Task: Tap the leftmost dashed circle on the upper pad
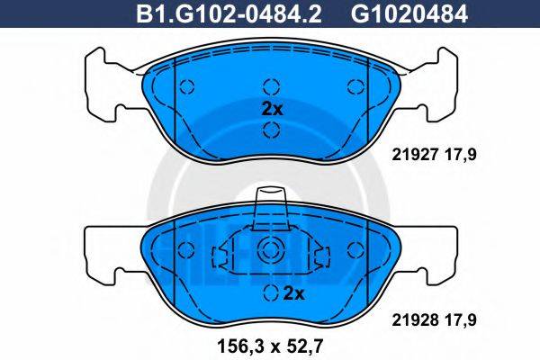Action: [x=187, y=87]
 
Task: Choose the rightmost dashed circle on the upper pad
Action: [x=354, y=87]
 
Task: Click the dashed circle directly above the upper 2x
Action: [x=271, y=87]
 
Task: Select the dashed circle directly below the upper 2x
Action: [x=271, y=131]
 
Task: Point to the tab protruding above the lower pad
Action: [x=271, y=207]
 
